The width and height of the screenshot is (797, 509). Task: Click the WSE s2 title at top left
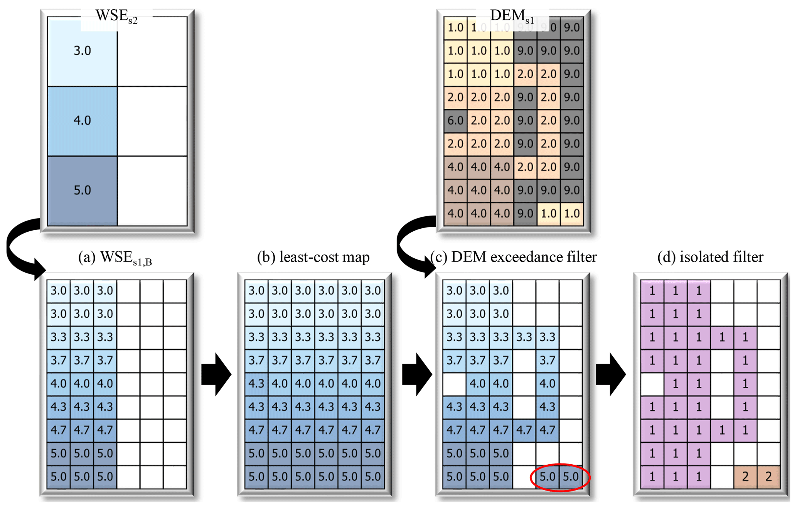coord(116,17)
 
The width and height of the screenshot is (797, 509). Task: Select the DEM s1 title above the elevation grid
coord(512,17)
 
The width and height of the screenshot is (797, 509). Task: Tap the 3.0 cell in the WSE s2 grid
coord(82,51)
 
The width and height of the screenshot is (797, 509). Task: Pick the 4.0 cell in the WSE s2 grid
coord(82,121)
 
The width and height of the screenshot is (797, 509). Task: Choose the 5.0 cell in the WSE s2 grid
coord(82,190)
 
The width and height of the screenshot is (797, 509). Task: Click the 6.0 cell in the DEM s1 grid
coord(455,121)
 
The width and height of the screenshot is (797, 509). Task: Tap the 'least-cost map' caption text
coord(324,257)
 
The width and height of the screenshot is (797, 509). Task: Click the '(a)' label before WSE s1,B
coord(87,257)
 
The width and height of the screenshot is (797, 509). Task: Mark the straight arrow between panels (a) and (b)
coord(216,374)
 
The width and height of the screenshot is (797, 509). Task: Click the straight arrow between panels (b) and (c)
coord(417,374)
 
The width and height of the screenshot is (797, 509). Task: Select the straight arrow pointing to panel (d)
coord(611,374)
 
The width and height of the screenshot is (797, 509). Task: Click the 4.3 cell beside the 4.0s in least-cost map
coord(256,384)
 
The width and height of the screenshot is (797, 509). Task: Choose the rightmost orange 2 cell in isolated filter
coord(768,477)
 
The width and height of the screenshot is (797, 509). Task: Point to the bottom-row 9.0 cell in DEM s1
coord(525,214)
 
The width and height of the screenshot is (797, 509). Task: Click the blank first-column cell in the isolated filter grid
coord(652,384)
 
